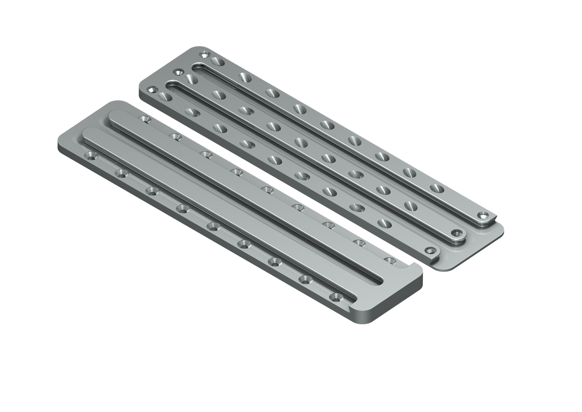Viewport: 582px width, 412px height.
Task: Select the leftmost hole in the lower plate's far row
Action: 144,119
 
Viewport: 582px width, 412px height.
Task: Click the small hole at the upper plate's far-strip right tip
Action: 484,216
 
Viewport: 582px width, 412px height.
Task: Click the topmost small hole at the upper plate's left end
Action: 205,55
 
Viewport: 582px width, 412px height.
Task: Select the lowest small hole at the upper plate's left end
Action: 151,90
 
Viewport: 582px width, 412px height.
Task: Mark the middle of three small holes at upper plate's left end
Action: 177,72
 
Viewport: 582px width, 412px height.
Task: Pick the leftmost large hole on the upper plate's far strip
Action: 217,62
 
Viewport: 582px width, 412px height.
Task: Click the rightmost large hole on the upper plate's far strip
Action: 436,188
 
